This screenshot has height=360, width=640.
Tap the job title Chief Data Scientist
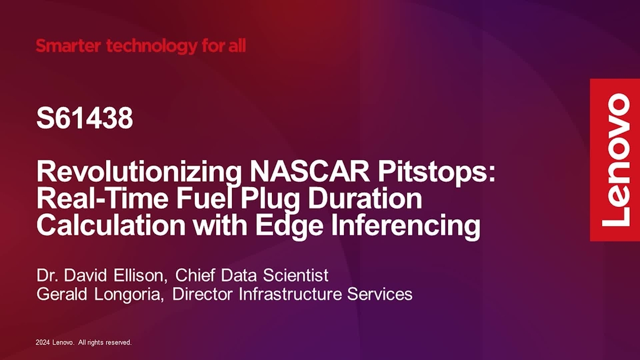click(x=252, y=276)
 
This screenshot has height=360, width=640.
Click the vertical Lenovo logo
click(x=614, y=159)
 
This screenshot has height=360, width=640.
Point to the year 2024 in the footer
click(x=43, y=342)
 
